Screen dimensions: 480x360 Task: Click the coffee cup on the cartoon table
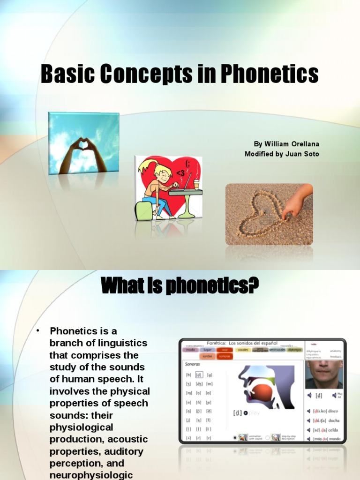pyautogui.click(x=196, y=184)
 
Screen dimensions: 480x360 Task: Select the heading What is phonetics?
pyautogui.click(x=180, y=285)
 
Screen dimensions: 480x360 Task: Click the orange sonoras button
pyautogui.click(x=225, y=356)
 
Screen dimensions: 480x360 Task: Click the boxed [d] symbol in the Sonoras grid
pyautogui.click(x=199, y=375)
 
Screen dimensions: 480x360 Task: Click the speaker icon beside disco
pyautogui.click(x=309, y=411)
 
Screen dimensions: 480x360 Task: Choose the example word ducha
pyautogui.click(x=334, y=420)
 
